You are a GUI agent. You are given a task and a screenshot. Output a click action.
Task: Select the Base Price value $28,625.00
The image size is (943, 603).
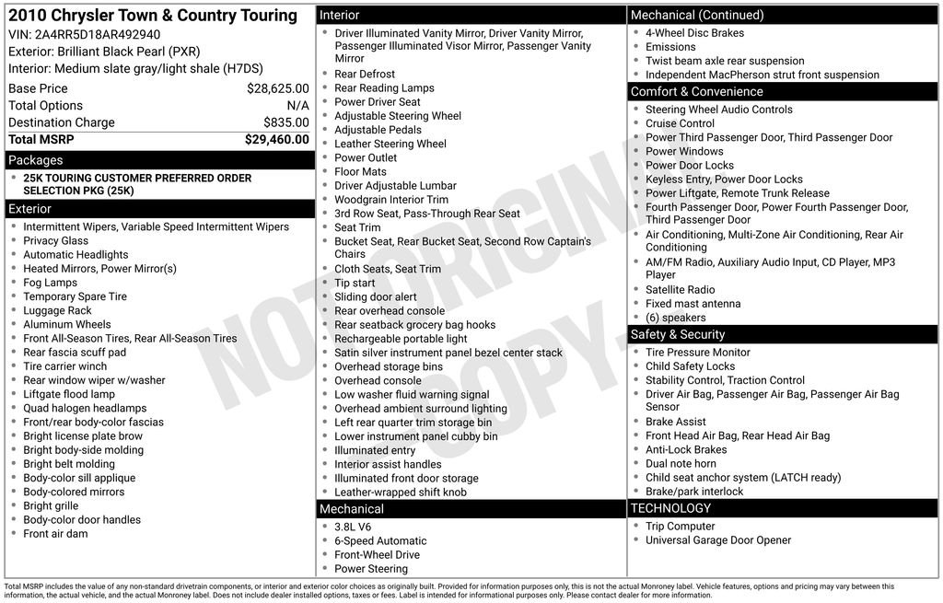pos(277,89)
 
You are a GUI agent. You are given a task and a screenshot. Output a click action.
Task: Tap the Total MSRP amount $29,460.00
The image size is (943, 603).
pos(276,140)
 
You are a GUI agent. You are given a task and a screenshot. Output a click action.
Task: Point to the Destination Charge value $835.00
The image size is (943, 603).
pos(285,122)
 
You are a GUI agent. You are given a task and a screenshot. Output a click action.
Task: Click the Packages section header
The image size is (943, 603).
pos(36,160)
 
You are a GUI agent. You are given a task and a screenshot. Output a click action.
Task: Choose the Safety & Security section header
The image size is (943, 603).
pos(677,334)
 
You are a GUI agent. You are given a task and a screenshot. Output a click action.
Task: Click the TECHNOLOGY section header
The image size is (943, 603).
pos(670,508)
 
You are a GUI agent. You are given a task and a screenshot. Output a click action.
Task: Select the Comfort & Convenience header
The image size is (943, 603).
pos(696,92)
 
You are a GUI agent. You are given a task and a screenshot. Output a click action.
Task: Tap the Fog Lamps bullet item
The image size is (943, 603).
pos(51,283)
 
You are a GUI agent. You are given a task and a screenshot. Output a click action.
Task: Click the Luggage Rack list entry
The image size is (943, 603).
pos(57,311)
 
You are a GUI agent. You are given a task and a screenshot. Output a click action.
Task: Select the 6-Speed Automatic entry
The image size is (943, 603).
pos(380,541)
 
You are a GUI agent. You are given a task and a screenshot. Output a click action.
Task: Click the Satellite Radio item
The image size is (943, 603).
pos(680,290)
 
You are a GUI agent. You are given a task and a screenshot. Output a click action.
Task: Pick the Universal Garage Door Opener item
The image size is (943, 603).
pos(718,540)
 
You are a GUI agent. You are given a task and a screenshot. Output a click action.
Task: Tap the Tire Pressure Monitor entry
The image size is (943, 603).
pos(697,353)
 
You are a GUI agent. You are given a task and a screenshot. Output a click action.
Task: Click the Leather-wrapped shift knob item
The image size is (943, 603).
pos(401,493)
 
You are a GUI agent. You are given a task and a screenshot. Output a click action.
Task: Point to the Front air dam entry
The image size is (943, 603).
pos(55,534)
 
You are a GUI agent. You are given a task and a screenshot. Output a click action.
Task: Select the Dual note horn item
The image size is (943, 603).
pos(681,464)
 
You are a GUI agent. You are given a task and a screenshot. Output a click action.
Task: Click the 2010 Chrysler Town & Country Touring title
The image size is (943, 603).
pos(153,16)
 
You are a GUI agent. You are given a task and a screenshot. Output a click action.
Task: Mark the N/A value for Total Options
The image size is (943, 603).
pos(297,106)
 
